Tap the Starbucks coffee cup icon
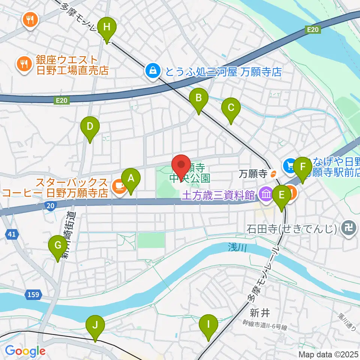(x=119, y=184)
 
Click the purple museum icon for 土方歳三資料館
(x=267, y=194)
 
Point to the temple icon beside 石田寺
(x=349, y=228)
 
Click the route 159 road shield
(x=33, y=294)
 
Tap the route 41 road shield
(x=12, y=234)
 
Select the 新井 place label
(x=259, y=312)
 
